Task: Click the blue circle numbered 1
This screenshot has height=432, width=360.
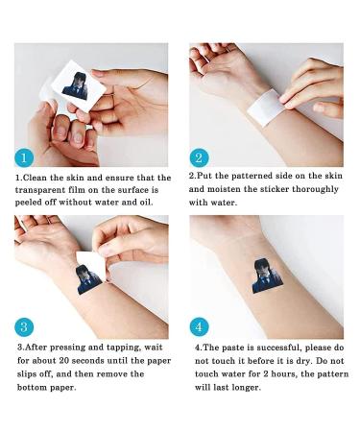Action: click(24, 158)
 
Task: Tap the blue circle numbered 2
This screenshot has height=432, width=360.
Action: click(199, 158)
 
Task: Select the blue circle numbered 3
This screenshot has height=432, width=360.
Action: click(24, 327)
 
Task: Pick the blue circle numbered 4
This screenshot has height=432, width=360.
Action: click(199, 327)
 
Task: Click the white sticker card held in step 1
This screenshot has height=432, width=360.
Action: click(78, 85)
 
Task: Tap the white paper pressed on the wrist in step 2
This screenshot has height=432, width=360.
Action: click(266, 108)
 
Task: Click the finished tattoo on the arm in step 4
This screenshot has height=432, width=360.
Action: click(267, 276)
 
